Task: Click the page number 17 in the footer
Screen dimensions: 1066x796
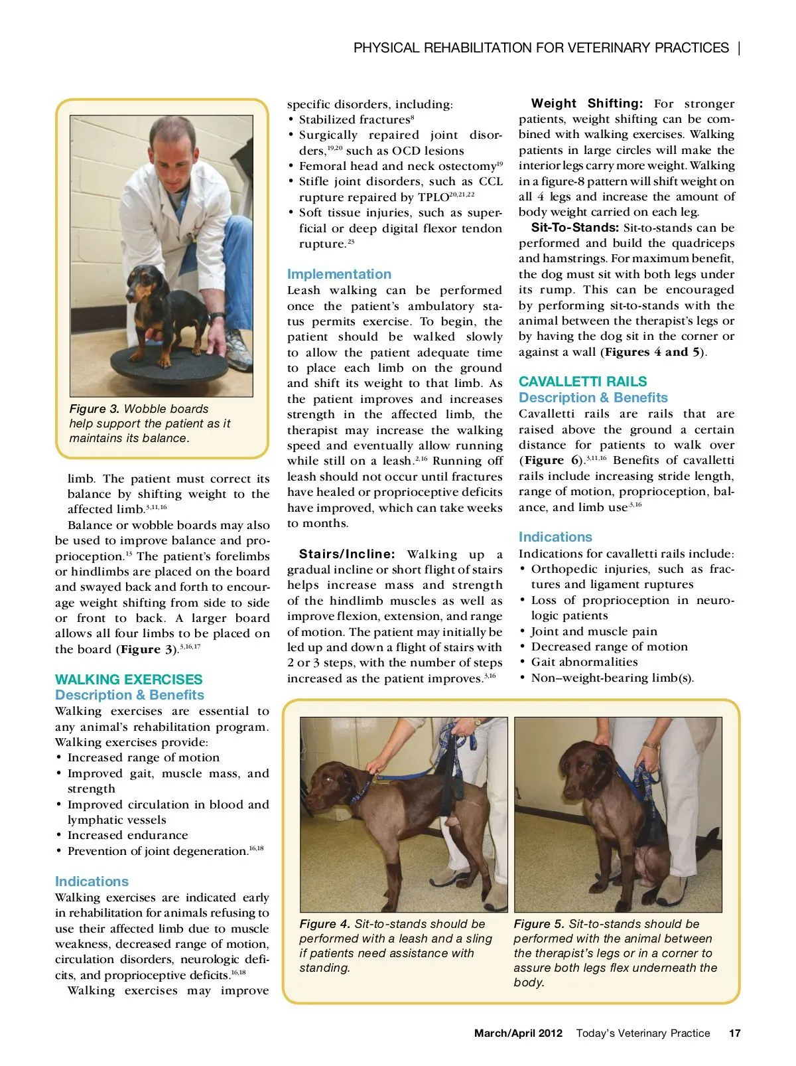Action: point(734,1033)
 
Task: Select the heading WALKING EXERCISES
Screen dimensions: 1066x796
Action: point(129,679)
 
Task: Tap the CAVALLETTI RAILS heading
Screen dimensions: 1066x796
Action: point(582,382)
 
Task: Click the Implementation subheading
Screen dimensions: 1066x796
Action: point(339,274)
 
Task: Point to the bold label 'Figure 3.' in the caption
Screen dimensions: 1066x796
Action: point(94,409)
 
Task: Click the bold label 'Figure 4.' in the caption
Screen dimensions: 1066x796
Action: point(324,924)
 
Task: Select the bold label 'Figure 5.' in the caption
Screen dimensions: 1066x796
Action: point(539,924)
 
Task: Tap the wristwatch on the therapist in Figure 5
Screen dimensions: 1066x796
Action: point(652,745)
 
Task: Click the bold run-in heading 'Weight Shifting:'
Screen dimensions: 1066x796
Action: point(586,104)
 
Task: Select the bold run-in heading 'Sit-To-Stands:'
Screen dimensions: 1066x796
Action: point(574,228)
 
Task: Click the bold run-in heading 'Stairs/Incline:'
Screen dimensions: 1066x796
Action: point(347,554)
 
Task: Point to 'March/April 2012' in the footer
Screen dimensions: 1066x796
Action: point(518,1033)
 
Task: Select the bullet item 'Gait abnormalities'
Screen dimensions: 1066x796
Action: point(584,662)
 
